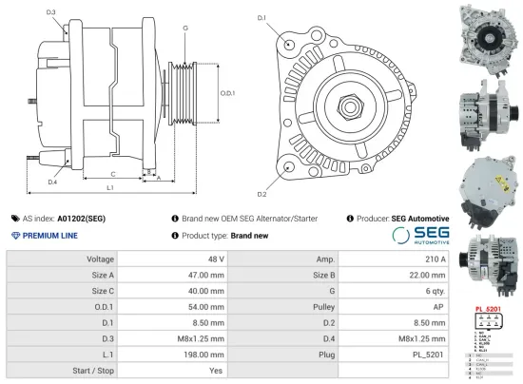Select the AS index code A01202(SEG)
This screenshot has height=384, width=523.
click(81, 218)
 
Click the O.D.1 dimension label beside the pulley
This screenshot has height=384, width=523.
click(227, 93)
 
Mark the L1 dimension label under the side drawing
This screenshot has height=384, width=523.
click(110, 188)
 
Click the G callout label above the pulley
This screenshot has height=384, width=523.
click(184, 29)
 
